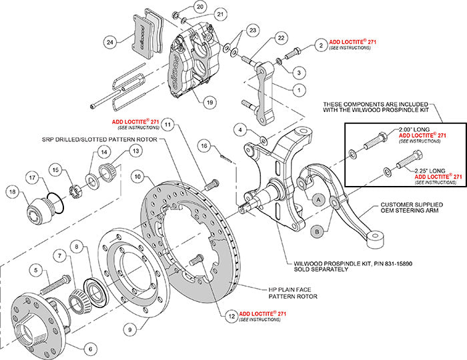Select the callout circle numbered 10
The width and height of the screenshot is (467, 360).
point(136,177)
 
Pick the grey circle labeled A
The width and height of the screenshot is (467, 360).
point(319,199)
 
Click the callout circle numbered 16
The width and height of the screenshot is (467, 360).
point(205,145)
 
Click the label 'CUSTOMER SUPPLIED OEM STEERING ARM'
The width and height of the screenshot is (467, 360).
point(414,209)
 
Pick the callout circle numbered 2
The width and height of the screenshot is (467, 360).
point(322,45)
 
